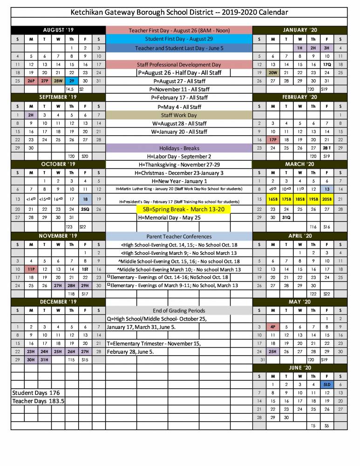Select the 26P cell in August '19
[x=31, y=81]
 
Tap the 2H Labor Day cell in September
[x=31, y=115]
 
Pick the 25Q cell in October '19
[x=85, y=209]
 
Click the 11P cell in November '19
[x=31, y=269]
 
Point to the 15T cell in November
[x=85, y=269]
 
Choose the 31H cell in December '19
[x=44, y=360]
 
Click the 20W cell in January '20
[x=273, y=72]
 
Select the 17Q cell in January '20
[x=327, y=64]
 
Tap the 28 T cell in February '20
[x=327, y=148]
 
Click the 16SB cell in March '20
[x=273, y=199]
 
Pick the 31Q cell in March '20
[x=286, y=217]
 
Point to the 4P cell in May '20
[x=273, y=327]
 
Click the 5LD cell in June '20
[x=327, y=384]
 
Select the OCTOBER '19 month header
[x=58, y=164]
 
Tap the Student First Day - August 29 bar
[x=179, y=39]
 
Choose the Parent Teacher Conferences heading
[x=179, y=236]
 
